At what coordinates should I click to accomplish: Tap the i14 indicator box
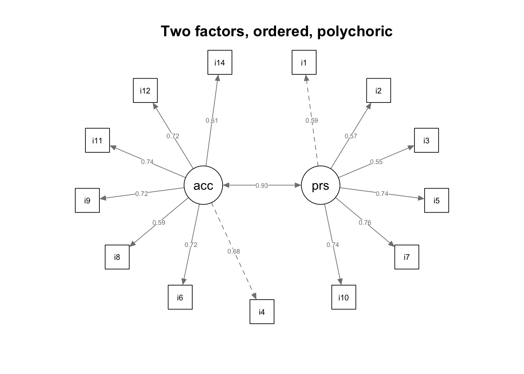[220, 62]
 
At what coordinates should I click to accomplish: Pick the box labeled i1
[304, 62]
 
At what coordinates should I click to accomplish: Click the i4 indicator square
[262, 312]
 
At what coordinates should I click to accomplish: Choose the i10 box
[343, 297]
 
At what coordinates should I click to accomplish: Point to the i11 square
[97, 140]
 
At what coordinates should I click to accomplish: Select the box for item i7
[407, 257]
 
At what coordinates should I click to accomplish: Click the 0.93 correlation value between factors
[262, 185]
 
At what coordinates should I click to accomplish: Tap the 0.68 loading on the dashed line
[234, 251]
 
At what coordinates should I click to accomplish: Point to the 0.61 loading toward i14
[212, 121]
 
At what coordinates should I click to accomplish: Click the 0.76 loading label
[365, 222]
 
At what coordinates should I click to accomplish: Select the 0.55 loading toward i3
[376, 162]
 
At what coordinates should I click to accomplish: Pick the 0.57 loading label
[351, 136]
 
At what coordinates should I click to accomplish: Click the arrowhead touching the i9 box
[103, 198]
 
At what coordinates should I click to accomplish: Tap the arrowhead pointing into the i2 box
[369, 106]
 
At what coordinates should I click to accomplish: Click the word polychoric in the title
[355, 31]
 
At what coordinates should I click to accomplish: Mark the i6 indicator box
[180, 297]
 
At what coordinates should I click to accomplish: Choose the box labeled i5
[437, 200]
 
